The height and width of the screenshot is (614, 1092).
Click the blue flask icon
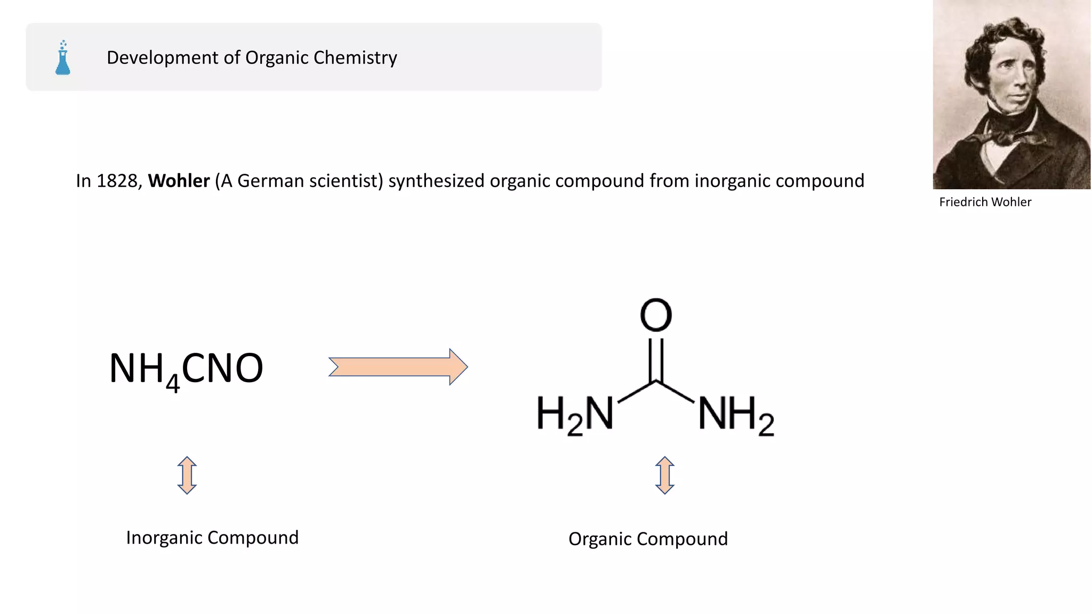tap(63, 58)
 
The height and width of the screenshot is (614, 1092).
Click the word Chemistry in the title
tap(355, 58)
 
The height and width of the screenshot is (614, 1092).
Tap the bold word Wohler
tap(179, 181)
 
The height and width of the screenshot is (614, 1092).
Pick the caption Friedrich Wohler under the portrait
tap(985, 202)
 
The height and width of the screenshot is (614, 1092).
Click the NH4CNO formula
tap(186, 369)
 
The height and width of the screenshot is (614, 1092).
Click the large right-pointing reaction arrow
tap(398, 367)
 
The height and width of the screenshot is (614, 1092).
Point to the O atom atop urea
tap(656, 314)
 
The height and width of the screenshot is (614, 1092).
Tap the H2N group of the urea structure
tap(575, 414)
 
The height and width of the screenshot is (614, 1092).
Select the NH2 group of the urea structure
tap(736, 414)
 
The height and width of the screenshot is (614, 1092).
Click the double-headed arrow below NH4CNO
tap(187, 475)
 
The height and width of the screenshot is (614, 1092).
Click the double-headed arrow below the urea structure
tap(664, 475)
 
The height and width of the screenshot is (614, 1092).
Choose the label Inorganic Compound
tap(212, 538)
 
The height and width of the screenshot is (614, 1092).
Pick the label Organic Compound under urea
tap(648, 539)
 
